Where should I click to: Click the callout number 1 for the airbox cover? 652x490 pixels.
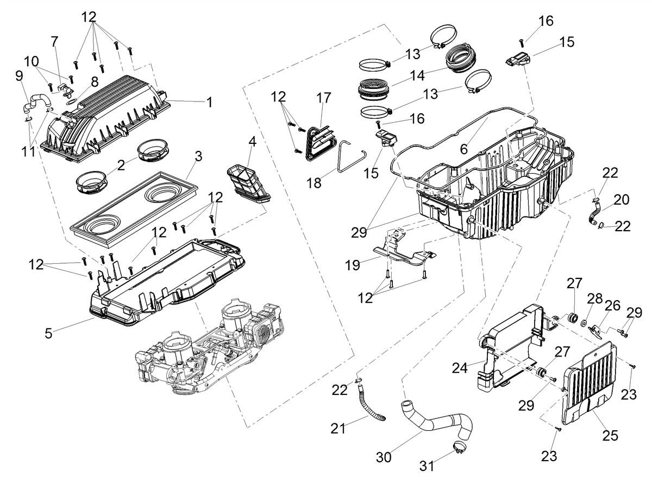click(209, 103)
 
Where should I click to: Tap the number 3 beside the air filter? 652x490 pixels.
click(198, 156)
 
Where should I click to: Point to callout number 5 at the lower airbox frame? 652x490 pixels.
click(48, 333)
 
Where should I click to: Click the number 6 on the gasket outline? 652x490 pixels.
click(463, 149)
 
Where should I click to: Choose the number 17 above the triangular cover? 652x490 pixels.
click(323, 98)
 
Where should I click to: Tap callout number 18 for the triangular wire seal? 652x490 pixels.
click(314, 183)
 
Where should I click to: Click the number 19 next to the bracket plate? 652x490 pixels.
click(353, 265)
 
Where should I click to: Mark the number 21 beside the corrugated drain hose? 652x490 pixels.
click(338, 429)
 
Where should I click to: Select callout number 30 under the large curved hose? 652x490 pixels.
click(384, 457)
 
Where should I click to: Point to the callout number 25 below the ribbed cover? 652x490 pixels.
click(610, 436)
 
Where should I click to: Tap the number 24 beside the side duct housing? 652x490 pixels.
click(460, 368)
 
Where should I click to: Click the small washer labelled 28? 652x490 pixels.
click(582, 322)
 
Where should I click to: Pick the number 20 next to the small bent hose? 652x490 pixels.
click(622, 200)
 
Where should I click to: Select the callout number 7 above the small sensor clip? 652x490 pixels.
click(54, 42)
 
